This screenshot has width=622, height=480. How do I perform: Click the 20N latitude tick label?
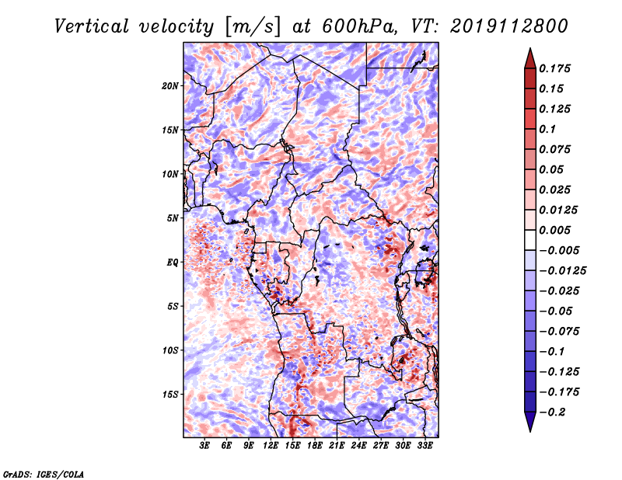pyautogui.click(x=170, y=86)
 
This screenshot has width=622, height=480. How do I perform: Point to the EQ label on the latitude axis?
pyautogui.click(x=173, y=263)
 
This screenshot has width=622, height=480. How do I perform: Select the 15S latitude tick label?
pyautogui.click(x=170, y=395)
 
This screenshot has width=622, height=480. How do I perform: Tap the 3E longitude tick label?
pyautogui.click(x=204, y=445)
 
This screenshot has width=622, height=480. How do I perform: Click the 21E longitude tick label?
pyautogui.click(x=337, y=445)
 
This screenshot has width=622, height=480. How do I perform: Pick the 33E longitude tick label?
pyautogui.click(x=425, y=445)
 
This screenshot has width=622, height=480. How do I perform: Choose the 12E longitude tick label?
pyautogui.click(x=271, y=445)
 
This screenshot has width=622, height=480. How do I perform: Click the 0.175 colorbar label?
pyautogui.click(x=554, y=68)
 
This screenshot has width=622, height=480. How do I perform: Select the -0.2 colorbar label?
pyautogui.click(x=552, y=412)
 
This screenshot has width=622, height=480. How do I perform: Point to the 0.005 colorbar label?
pyautogui.click(x=554, y=230)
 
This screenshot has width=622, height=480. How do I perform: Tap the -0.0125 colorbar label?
pyautogui.click(x=562, y=271)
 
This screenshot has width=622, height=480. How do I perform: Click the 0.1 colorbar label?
pyautogui.click(x=547, y=129)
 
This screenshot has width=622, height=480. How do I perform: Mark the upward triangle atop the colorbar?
pyautogui.click(x=530, y=58)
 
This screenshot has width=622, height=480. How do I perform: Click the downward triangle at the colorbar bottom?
pyautogui.click(x=530, y=421)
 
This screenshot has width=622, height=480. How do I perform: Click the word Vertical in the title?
pyautogui.click(x=92, y=26)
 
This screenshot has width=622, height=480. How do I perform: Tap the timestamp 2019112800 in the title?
pyautogui.click(x=509, y=26)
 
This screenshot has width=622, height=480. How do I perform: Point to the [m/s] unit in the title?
pyautogui.click(x=252, y=26)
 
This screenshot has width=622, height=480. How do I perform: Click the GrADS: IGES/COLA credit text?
pyautogui.click(x=44, y=474)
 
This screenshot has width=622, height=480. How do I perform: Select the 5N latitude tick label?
pyautogui.click(x=173, y=218)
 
